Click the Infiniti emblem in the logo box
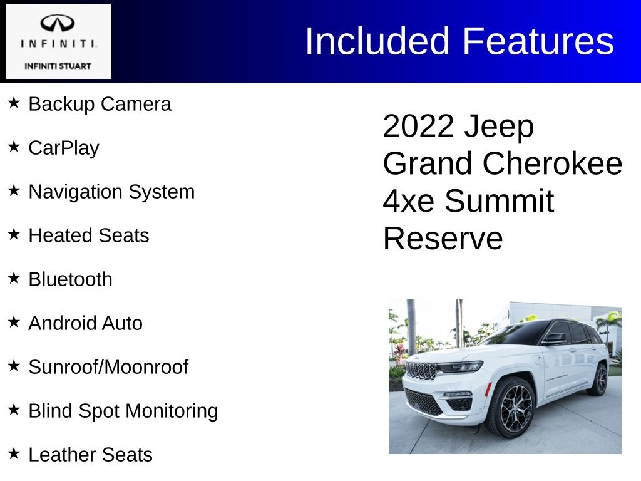tap(57, 23)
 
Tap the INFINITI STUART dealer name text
tap(58, 66)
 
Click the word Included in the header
tap(377, 41)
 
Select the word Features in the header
tap(538, 41)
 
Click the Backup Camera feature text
tap(100, 104)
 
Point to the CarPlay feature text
tap(64, 148)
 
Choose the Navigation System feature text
tap(111, 192)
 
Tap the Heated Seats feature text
tap(89, 235)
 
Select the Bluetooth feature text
tap(70, 279)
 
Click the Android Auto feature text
tap(85, 323)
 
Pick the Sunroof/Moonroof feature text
tap(108, 367)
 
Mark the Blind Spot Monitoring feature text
tap(123, 411)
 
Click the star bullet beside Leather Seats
tap(14, 453)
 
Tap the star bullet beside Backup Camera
tap(14, 102)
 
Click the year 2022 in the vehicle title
tap(418, 126)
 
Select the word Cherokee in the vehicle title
tap(552, 163)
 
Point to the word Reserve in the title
tap(443, 239)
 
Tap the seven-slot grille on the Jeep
tap(421, 371)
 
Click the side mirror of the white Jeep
tap(555, 338)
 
